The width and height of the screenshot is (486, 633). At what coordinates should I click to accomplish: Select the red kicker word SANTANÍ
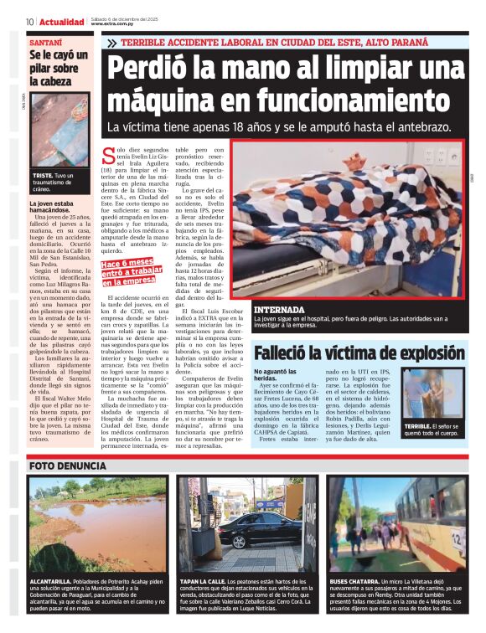tap(45, 42)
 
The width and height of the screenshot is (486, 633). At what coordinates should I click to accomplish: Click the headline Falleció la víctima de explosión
tap(359, 353)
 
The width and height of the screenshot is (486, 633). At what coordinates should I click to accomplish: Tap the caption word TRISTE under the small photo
tap(43, 175)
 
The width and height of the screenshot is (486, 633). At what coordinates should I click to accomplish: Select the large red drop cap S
tap(130, 155)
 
